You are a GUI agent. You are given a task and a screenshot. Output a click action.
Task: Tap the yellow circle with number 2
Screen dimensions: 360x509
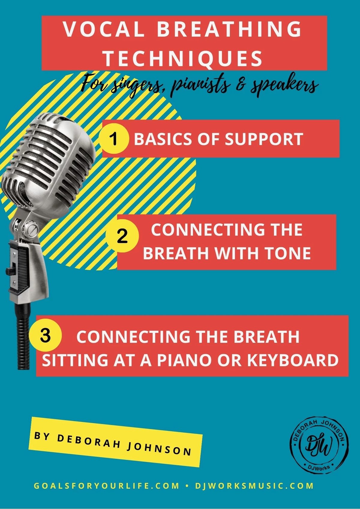click(123, 236)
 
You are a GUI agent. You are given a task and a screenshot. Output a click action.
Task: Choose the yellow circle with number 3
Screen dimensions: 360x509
click(46, 336)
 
